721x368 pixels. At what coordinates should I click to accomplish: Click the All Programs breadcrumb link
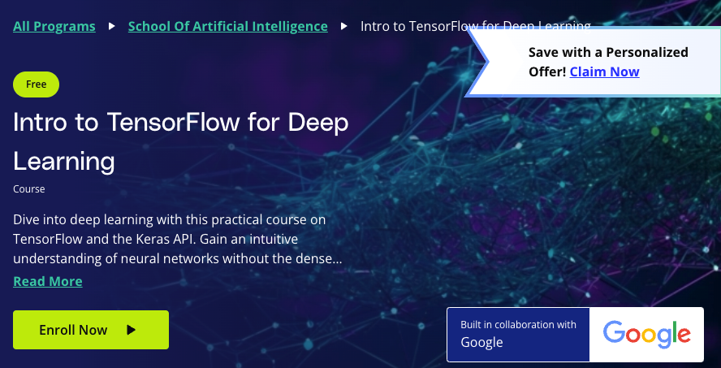point(54,26)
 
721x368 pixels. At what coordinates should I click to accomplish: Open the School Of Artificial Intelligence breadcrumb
point(227,26)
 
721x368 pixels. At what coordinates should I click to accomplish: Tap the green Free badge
point(36,84)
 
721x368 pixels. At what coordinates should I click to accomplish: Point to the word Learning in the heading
point(64,161)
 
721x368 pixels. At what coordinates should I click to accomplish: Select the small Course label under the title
point(28,189)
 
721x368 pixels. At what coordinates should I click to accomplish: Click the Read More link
point(47,281)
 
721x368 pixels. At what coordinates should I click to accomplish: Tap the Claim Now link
point(604,71)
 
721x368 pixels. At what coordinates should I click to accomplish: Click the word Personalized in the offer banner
point(642,52)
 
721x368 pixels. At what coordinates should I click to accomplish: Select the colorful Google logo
point(646,334)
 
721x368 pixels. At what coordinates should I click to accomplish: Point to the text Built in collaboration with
point(518,324)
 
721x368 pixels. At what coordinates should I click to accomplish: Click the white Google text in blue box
point(481,342)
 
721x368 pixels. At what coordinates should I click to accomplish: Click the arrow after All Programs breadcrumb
point(112,26)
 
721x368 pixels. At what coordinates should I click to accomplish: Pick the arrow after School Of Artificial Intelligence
point(343,26)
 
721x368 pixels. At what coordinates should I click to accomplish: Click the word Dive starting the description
point(27,219)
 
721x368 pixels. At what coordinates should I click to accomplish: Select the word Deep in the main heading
point(317,123)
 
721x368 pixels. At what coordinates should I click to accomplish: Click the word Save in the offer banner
point(543,52)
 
